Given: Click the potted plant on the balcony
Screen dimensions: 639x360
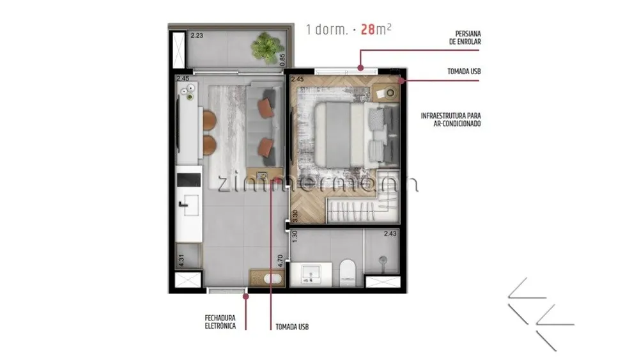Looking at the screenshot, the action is [267, 48].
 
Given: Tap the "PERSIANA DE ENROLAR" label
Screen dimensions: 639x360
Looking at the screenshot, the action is [465, 38].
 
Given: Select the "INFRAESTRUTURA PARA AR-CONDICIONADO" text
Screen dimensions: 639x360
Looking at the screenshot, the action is [450, 120].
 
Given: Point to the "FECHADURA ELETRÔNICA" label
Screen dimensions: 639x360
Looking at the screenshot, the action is [220, 322].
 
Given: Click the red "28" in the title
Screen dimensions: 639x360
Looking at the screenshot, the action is [368, 29].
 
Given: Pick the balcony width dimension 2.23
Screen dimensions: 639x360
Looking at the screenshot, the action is [197, 35].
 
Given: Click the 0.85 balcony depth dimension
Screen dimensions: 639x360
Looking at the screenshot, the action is [282, 60].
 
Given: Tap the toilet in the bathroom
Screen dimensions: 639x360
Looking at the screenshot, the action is [348, 273].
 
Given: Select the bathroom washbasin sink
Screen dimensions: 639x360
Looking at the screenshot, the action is [311, 274].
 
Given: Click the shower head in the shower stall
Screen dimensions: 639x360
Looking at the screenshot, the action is [383, 260].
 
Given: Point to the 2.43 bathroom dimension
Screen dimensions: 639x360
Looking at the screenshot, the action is [390, 233].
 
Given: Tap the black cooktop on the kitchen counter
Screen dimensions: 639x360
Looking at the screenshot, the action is [189, 180].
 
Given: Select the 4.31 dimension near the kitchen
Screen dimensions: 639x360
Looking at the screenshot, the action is [181, 260].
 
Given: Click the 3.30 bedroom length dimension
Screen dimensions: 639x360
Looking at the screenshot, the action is [295, 216].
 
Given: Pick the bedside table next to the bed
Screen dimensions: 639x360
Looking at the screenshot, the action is [386, 93].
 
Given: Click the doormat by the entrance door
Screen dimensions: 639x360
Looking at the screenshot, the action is [267, 278].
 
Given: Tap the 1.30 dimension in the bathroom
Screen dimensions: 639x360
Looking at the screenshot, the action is [295, 237].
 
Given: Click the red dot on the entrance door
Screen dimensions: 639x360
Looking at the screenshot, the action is [246, 297].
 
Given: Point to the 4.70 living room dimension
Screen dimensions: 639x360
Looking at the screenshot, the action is [281, 261].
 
